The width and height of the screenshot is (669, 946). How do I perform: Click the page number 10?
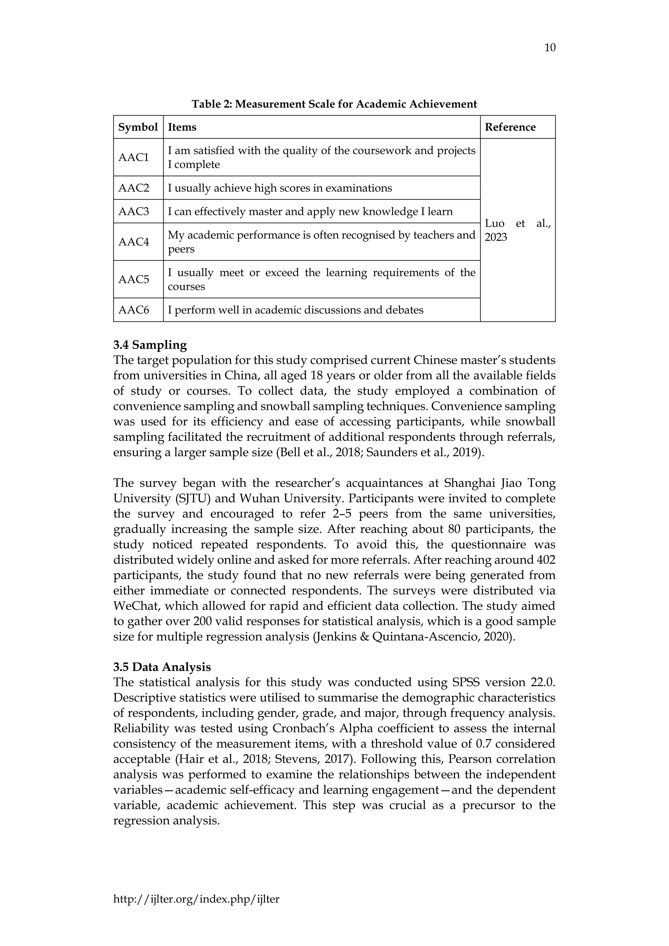tap(549, 48)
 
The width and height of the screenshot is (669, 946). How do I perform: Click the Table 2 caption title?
tap(334, 104)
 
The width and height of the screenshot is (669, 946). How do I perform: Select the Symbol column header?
tap(138, 127)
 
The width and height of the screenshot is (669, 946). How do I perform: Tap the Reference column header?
tap(510, 127)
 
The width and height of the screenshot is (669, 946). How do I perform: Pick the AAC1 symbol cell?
tap(134, 157)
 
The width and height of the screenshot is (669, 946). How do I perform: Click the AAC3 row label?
tap(134, 212)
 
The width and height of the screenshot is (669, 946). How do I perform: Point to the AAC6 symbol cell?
tap(134, 310)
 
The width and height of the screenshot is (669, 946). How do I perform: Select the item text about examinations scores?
tap(280, 188)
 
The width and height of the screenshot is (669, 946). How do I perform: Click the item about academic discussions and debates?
tap(295, 310)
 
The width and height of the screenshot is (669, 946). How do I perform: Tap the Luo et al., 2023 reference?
tap(517, 230)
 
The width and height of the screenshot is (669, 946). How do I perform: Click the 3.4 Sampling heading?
tap(150, 345)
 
